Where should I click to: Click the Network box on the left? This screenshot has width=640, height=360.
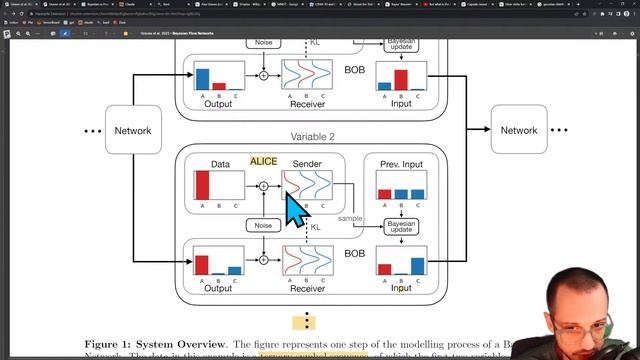(133, 131)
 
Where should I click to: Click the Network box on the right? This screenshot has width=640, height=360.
(519, 131)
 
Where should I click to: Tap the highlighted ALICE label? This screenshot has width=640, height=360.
(264, 161)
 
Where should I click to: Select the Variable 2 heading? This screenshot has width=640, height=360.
(313, 137)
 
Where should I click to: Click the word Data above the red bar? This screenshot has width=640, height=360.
(220, 163)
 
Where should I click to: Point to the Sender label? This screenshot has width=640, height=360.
(307, 163)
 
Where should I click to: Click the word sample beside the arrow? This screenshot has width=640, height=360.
(350, 219)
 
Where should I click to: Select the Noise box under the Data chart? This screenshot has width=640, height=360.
(263, 226)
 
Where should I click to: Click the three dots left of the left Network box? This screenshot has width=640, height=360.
(93, 131)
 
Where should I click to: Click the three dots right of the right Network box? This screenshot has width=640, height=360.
(560, 131)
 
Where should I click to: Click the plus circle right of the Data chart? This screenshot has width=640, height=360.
(263, 186)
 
